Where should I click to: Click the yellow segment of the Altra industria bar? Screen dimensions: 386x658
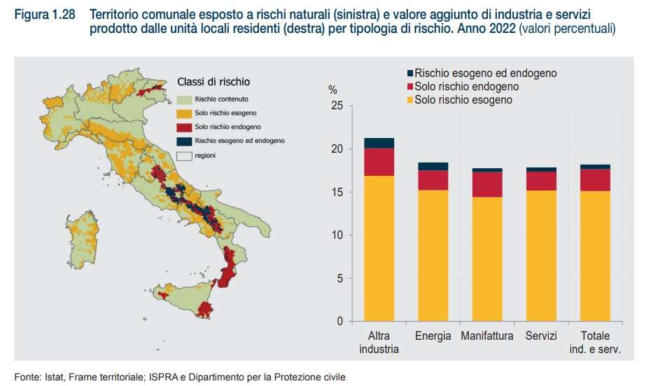point(379,249)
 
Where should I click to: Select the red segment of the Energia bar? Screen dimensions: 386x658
point(433,180)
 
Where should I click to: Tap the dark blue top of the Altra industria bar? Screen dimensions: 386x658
point(379,143)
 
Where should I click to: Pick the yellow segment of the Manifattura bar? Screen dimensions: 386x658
point(486,259)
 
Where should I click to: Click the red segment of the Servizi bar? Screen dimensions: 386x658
point(541,181)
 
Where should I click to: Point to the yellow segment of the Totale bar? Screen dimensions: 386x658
point(595,256)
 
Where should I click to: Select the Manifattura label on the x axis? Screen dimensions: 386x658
point(486,336)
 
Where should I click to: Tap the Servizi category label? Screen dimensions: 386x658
point(541,336)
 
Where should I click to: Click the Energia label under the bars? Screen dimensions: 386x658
point(433,336)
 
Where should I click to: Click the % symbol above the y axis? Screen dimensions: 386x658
point(332,90)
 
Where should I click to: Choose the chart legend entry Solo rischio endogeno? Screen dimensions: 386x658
point(465,86)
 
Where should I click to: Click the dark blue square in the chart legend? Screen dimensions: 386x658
point(409,73)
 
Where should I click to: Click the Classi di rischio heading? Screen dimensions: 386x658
point(213,82)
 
